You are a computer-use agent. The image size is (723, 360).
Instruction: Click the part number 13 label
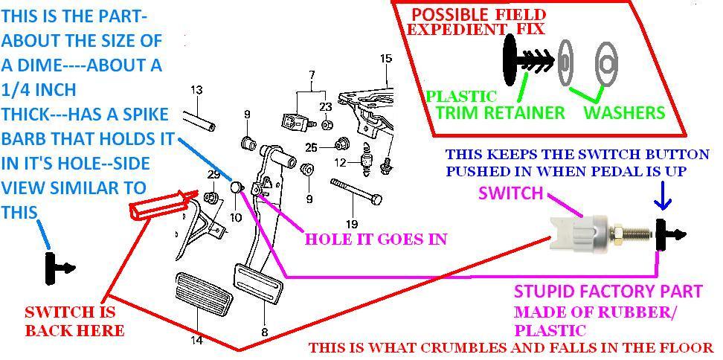196,90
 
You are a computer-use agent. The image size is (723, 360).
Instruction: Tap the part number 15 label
385,58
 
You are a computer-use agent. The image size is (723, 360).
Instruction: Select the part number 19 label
352,222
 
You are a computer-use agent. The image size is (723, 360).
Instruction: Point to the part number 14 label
196,341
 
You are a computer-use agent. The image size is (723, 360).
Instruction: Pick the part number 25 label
311,147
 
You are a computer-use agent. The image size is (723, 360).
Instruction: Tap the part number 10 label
236,217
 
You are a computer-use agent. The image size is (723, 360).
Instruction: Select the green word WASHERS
623,113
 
